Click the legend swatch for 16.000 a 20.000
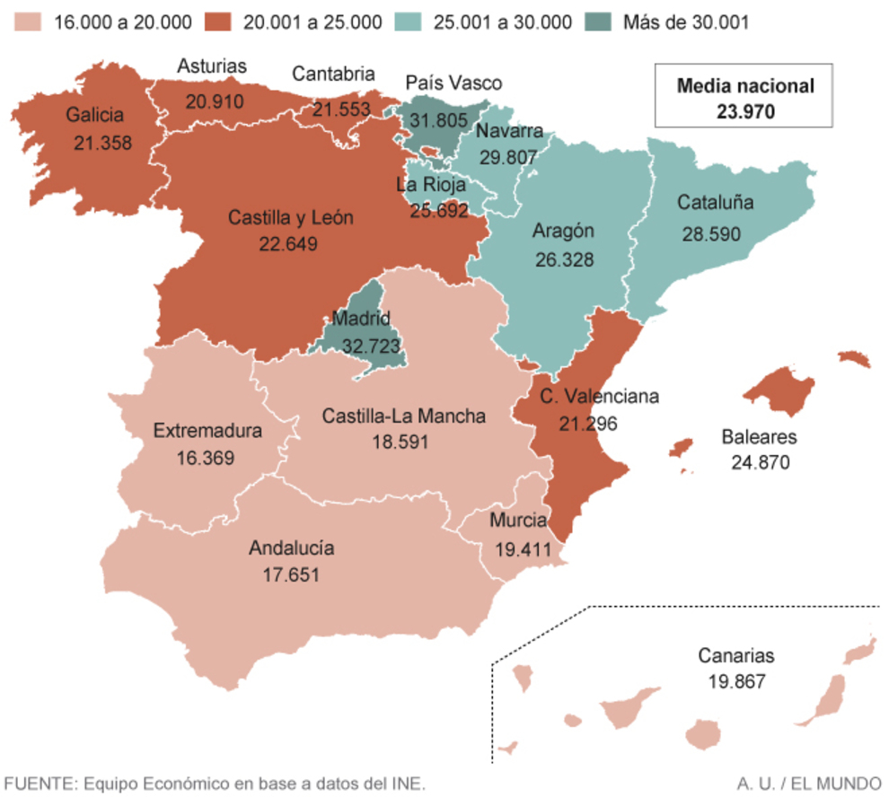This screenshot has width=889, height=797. (30, 22)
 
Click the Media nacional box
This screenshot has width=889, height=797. (744, 98)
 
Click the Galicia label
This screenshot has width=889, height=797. (93, 115)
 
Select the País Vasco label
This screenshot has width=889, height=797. (453, 83)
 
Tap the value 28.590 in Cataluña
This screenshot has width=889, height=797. (710, 233)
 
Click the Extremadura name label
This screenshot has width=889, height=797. (207, 431)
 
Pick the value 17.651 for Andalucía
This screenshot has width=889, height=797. (291, 574)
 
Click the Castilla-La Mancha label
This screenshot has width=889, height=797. (403, 416)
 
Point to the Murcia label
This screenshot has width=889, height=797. (519, 521)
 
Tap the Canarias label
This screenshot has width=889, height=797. (735, 656)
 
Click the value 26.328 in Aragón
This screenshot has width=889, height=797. (563, 258)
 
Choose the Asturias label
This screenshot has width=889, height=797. (211, 66)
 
